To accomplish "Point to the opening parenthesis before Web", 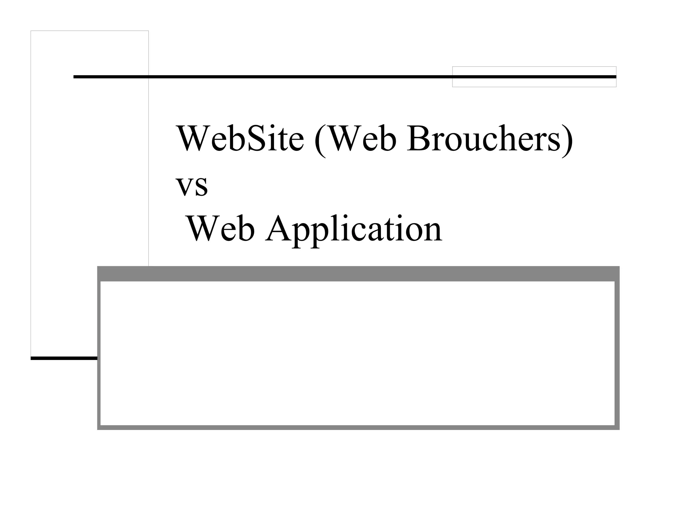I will [319, 140].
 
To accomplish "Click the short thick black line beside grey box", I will [64, 358].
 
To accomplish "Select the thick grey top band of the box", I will [358, 274].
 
